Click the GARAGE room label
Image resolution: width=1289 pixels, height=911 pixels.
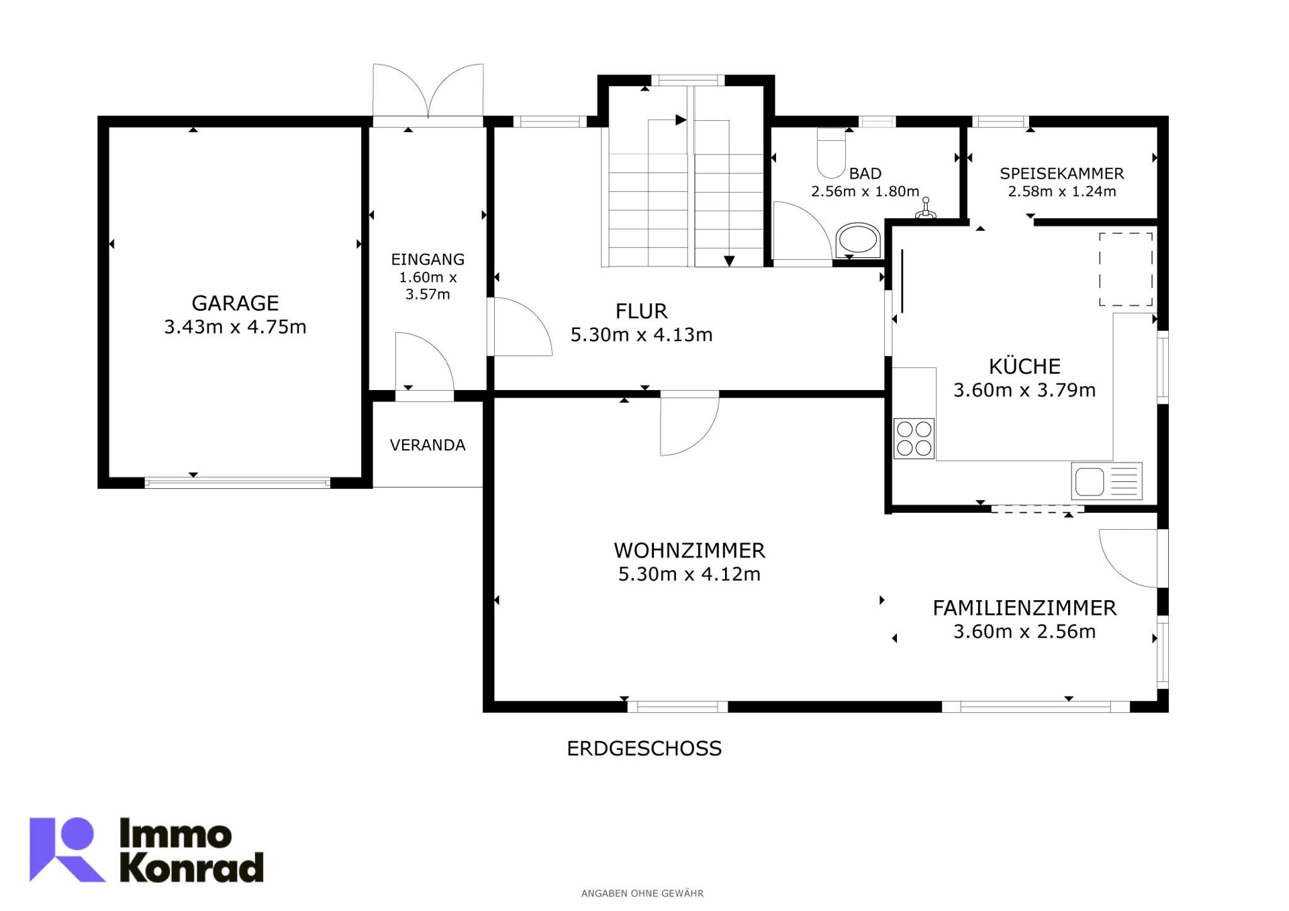[235, 303]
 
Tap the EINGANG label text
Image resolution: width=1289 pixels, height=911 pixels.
[428, 259]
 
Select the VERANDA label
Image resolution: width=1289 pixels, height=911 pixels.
[428, 445]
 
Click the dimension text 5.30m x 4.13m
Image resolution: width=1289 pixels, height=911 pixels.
[641, 334]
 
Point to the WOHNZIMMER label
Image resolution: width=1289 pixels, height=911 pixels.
[689, 550]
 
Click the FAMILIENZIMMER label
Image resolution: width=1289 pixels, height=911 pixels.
[1024, 608]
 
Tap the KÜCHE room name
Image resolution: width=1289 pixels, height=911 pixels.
[1024, 366]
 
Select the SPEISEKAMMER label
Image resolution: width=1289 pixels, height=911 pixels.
[1061, 174]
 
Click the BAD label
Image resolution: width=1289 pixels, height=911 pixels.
[865, 174]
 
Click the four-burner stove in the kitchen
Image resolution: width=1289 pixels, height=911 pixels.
[914, 438]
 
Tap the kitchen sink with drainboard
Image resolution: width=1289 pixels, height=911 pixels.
[1106, 481]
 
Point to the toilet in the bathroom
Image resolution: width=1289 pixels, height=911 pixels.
[831, 152]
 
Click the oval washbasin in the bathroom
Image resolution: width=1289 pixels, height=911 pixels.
[858, 240]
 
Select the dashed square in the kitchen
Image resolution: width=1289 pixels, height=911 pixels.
[1126, 269]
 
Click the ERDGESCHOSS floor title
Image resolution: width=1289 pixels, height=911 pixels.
[644, 749]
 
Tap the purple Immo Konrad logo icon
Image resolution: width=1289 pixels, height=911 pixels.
[67, 849]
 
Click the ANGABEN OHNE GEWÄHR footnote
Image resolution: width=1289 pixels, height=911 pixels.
[642, 894]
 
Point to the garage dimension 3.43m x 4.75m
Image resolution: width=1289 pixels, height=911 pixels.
[235, 327]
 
